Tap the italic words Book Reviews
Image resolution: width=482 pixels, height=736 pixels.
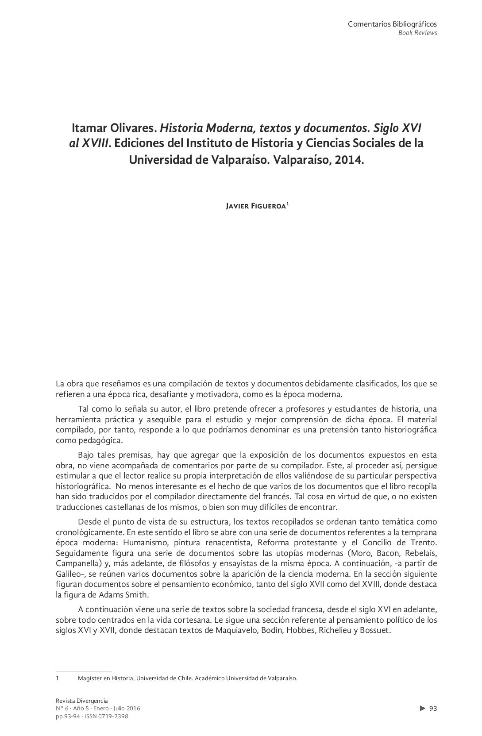pos(417,33)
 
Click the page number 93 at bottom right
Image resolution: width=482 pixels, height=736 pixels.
pos(433,709)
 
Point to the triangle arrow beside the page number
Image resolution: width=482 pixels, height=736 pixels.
pos(423,709)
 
